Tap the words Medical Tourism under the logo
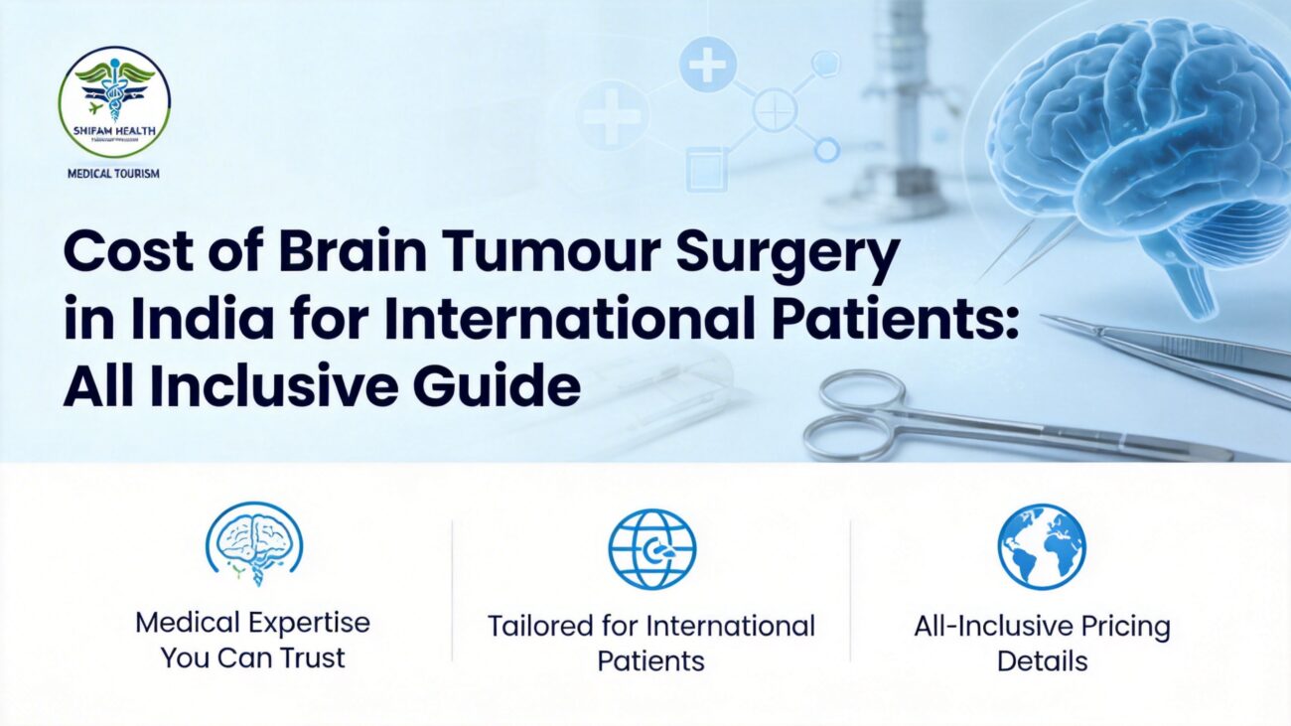coord(114,173)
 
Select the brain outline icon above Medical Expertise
coord(253,543)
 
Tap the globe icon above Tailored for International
coord(651,549)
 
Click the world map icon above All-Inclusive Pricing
coord(1041,546)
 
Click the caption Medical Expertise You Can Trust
coord(252,640)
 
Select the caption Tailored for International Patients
coord(650,643)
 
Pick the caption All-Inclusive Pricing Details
coord(1042,643)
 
